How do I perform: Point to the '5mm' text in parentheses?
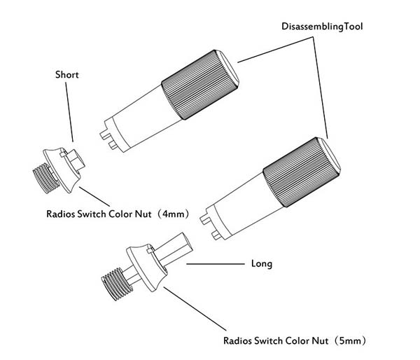click(353, 341)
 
